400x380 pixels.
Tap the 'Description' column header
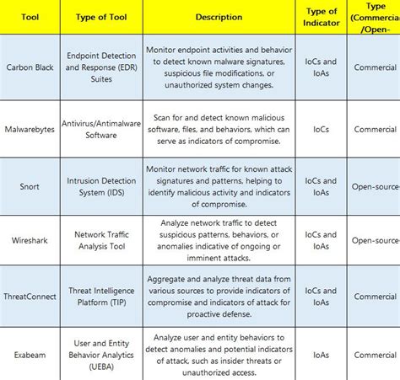[x=219, y=17]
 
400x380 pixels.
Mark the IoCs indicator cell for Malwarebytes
[x=318, y=130]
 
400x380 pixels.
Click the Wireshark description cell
[x=219, y=241]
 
